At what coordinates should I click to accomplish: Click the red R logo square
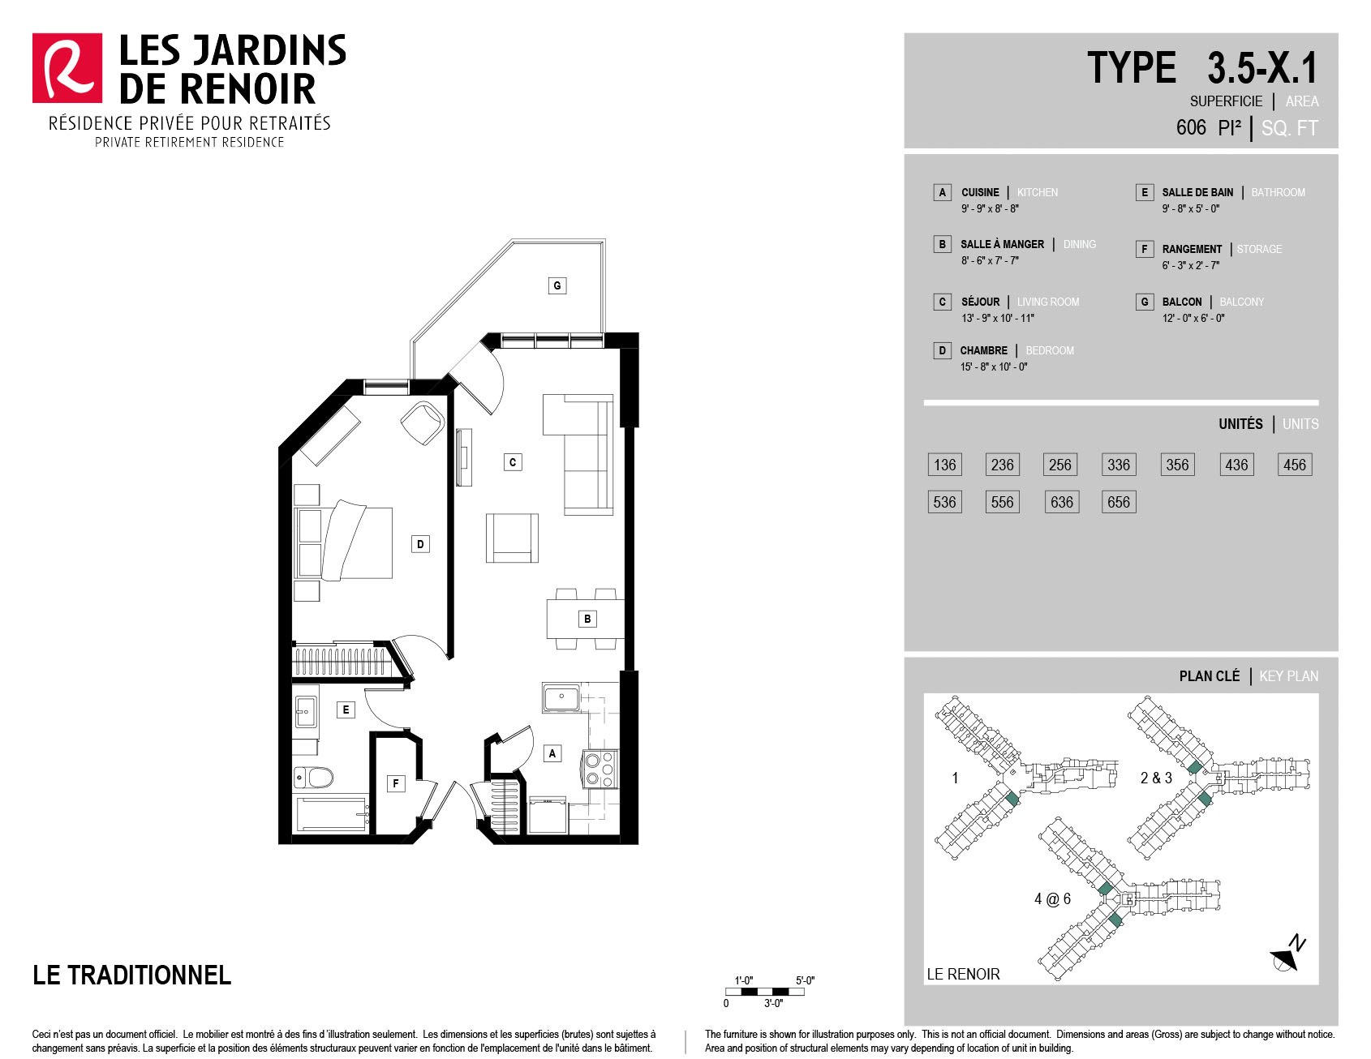click(x=67, y=68)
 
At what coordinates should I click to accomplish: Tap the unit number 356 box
click(x=1177, y=465)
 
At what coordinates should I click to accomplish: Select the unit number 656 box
click(x=1119, y=502)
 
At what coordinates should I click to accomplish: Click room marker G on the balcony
click(x=557, y=285)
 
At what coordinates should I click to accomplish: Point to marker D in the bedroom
click(x=420, y=544)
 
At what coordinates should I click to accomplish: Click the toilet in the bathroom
click(x=314, y=778)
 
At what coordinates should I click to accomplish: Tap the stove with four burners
click(x=600, y=769)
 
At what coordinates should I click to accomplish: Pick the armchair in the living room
click(x=512, y=538)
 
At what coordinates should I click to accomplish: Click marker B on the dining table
click(x=588, y=619)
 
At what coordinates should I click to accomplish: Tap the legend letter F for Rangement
click(x=1145, y=249)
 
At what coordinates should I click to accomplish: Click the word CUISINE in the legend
click(x=980, y=192)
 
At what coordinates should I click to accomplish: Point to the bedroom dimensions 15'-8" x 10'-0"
click(x=994, y=367)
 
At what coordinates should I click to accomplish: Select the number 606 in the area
click(x=1191, y=127)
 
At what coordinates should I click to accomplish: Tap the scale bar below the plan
click(x=765, y=992)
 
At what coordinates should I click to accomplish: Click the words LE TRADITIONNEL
click(x=131, y=975)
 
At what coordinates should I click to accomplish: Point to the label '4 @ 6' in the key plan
click(x=1052, y=898)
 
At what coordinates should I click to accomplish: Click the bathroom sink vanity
click(x=306, y=712)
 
